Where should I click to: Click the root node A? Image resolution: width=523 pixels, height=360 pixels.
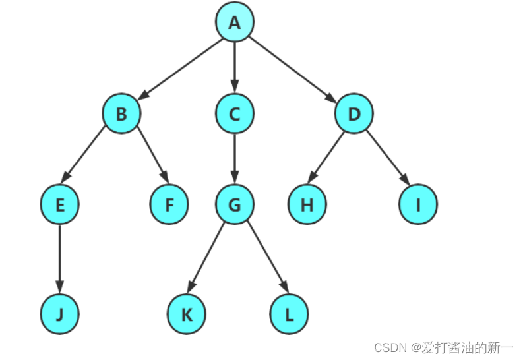(x=234, y=22)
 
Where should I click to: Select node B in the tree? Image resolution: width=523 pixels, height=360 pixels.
(x=121, y=114)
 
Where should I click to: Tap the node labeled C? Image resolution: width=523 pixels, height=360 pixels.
(x=234, y=114)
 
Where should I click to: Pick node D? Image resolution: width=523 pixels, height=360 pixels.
(x=354, y=114)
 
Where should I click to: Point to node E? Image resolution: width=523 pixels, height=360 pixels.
(x=59, y=205)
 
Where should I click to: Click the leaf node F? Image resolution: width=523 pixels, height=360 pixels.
(x=169, y=205)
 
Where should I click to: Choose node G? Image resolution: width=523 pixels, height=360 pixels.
(x=234, y=205)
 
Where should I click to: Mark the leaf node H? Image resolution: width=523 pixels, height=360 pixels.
(x=307, y=205)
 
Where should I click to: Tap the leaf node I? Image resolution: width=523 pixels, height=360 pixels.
(x=418, y=205)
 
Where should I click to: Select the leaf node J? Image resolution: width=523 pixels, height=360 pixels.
(x=59, y=315)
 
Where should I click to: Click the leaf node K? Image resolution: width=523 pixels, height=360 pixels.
(x=187, y=315)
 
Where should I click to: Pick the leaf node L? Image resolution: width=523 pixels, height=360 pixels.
(x=289, y=315)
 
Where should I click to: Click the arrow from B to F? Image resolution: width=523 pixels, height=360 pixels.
(x=152, y=159)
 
